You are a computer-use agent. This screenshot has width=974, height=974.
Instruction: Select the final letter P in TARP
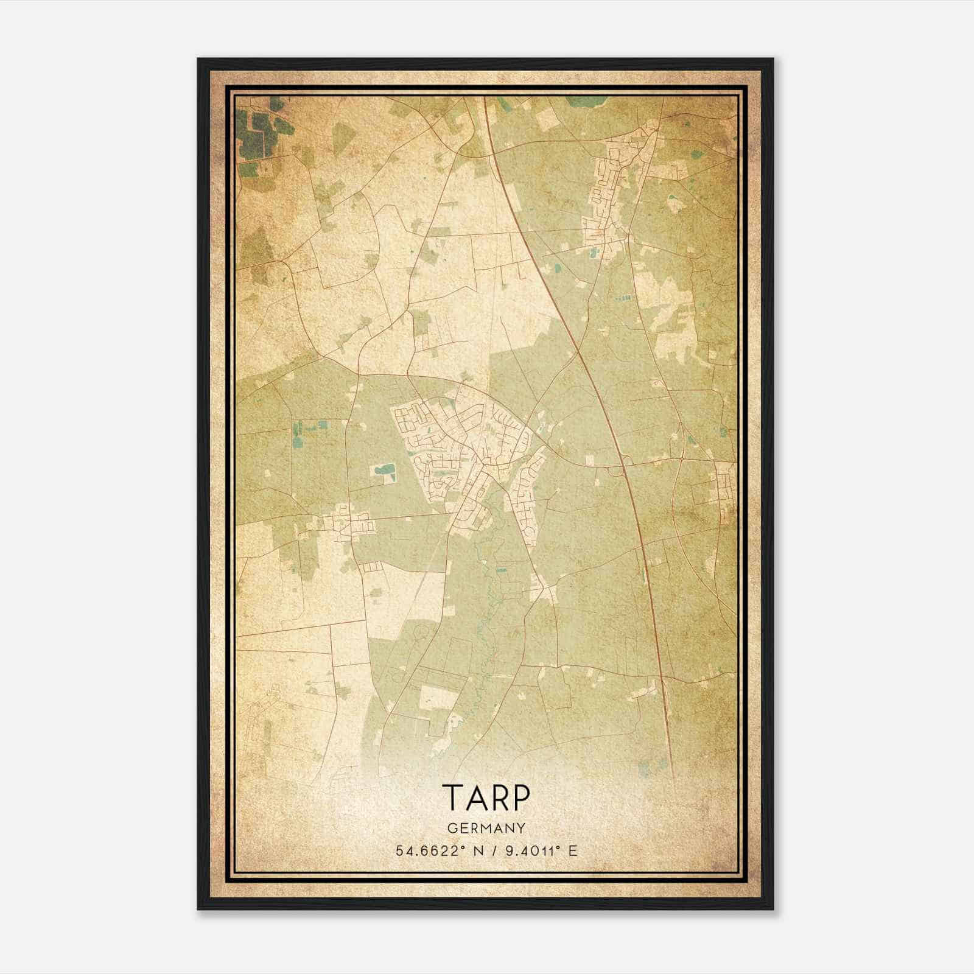click(522, 798)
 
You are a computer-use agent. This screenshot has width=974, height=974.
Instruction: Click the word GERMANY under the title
click(486, 828)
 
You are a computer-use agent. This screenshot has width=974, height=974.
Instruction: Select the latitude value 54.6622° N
click(437, 851)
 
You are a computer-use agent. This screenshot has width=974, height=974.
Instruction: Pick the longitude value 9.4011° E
click(539, 851)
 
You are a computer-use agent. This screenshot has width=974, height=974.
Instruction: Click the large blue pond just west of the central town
click(385, 470)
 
